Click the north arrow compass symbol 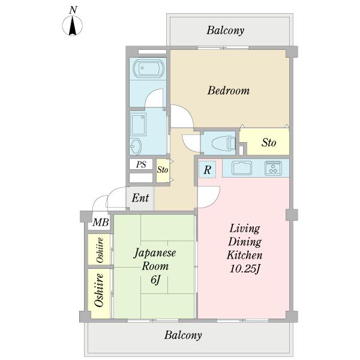coord(73,25)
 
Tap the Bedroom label coord(229,91)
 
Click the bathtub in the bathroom coord(148,68)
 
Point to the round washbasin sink coord(136,146)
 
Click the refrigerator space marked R coord(208,170)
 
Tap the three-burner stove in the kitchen coord(273,168)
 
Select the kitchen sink coord(242,168)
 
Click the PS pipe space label coord(141,164)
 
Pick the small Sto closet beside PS coord(163,171)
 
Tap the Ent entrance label coord(140,197)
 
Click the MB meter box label coord(101,222)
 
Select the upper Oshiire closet coord(99,249)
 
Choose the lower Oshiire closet coord(99,293)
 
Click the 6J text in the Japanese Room coord(155,280)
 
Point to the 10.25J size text coord(245,269)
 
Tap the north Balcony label coord(225,31)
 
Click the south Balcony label coord(183,335)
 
